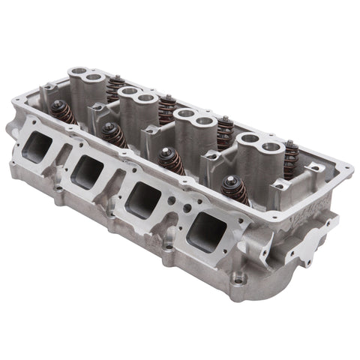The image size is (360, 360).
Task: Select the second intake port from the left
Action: pyautogui.click(x=89, y=172)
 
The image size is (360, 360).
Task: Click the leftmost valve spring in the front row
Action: pyautogui.click(x=63, y=112)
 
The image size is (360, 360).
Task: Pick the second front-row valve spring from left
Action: pyautogui.click(x=115, y=135)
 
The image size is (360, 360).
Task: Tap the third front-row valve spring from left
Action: pyautogui.click(x=170, y=160)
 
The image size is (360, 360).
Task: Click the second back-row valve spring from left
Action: pyautogui.click(x=166, y=107)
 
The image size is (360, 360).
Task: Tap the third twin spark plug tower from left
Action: pyautogui.click(x=192, y=119)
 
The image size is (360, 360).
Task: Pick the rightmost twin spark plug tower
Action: pyautogui.click(x=255, y=145)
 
